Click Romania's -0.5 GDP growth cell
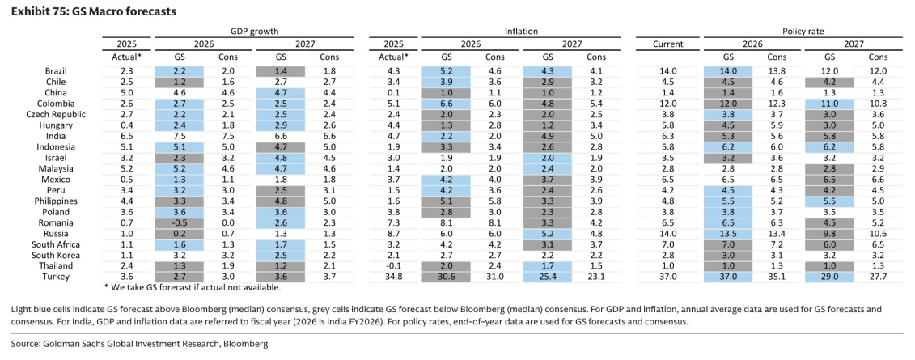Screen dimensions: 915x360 (x=179, y=222)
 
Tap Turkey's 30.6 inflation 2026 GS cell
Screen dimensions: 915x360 (x=447, y=277)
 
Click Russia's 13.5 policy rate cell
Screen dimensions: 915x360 (x=728, y=233)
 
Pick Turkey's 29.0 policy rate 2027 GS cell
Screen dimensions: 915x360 (x=829, y=277)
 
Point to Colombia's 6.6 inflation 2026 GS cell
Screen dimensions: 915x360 (x=447, y=104)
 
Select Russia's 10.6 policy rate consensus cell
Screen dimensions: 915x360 (x=878, y=233)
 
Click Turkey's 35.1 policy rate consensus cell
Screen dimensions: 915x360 (x=776, y=277)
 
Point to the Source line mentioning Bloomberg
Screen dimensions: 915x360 (x=139, y=344)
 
